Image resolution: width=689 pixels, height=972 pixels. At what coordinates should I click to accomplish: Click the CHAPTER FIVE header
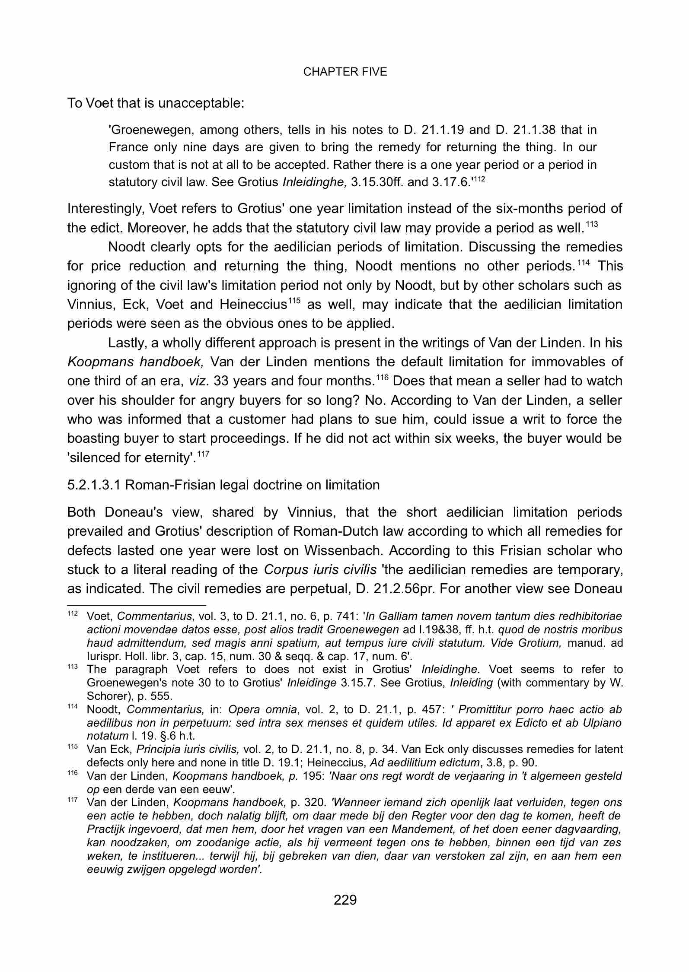pos(345,72)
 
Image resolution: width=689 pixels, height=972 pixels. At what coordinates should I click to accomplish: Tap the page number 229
pos(345,900)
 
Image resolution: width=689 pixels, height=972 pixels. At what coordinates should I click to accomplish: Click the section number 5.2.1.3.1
pos(94,485)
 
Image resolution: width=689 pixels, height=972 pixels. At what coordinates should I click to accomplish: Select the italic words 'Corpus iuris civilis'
pos(320,570)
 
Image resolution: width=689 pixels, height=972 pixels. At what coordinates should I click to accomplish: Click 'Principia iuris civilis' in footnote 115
pos(177,750)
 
